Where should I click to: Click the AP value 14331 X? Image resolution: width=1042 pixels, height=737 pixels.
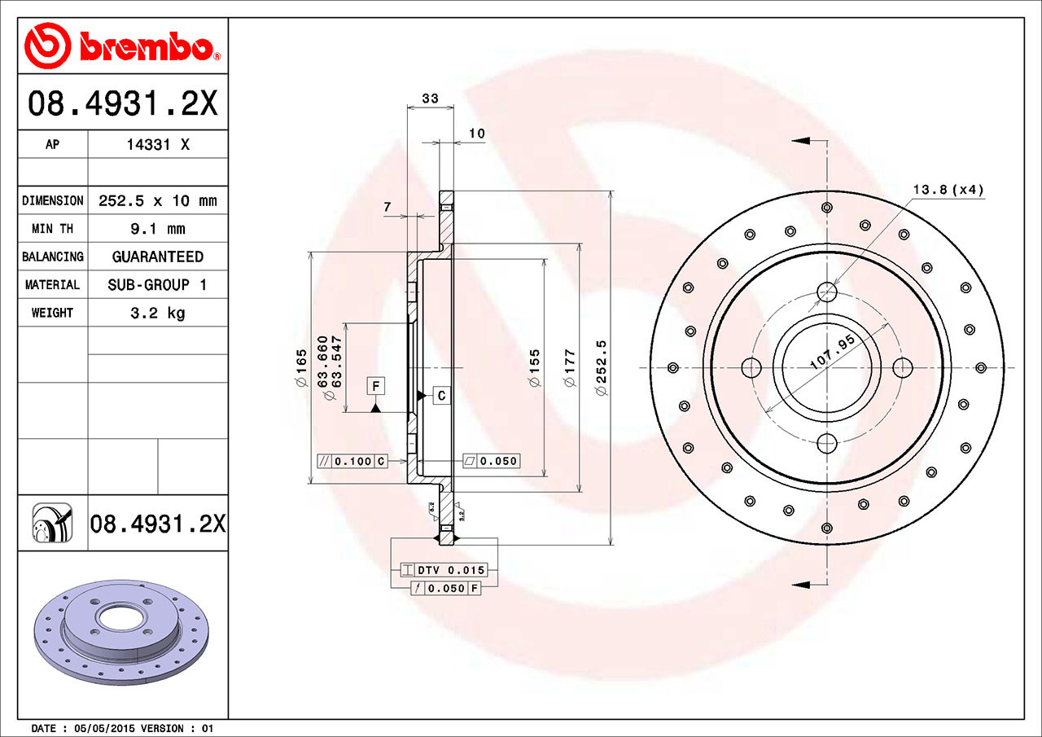click(x=157, y=144)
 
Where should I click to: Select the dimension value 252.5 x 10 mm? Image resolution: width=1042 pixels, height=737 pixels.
click(x=157, y=200)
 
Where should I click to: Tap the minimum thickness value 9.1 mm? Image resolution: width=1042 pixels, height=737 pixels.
click(x=157, y=229)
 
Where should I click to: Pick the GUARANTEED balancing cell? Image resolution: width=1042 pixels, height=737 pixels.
click(x=157, y=257)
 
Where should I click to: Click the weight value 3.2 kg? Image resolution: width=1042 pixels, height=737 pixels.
click(x=157, y=313)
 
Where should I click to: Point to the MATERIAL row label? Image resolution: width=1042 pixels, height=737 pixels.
click(x=52, y=285)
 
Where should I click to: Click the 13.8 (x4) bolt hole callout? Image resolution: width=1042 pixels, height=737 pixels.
click(x=948, y=191)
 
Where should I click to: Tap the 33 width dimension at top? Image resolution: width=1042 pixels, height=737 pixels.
click(x=430, y=99)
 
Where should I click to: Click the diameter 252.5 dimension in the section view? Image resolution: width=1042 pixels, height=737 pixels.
click(x=602, y=369)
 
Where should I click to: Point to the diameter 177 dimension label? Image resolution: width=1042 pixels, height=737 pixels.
click(x=570, y=369)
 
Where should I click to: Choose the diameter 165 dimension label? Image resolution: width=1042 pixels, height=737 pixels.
click(x=301, y=369)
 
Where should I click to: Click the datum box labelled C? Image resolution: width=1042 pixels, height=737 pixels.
click(x=440, y=396)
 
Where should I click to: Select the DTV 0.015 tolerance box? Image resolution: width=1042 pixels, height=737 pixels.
click(x=444, y=570)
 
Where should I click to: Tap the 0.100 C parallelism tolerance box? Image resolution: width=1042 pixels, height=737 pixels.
click(x=352, y=462)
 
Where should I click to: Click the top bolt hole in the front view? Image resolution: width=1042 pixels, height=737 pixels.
click(x=827, y=291)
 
